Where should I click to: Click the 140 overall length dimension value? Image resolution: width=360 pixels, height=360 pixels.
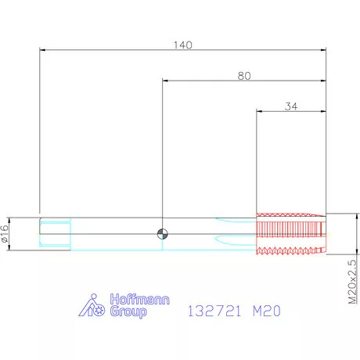pos(183,45)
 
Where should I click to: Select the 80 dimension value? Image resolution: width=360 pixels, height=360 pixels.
pos(244,76)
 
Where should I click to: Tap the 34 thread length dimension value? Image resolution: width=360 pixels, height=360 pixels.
pos(291,106)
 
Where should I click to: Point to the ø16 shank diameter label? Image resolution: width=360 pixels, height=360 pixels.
pos(5,234)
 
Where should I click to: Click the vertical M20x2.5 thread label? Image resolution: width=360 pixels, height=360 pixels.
pos(352,282)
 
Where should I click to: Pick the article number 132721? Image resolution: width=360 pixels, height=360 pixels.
pos(214,311)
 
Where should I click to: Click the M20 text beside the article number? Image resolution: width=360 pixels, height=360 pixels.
pos(267,311)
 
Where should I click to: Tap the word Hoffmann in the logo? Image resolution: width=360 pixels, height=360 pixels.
pos(139,299)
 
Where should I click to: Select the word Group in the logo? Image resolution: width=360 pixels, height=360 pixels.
pos(128,311)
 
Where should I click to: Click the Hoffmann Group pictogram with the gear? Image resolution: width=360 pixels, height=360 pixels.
pos(92,305)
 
